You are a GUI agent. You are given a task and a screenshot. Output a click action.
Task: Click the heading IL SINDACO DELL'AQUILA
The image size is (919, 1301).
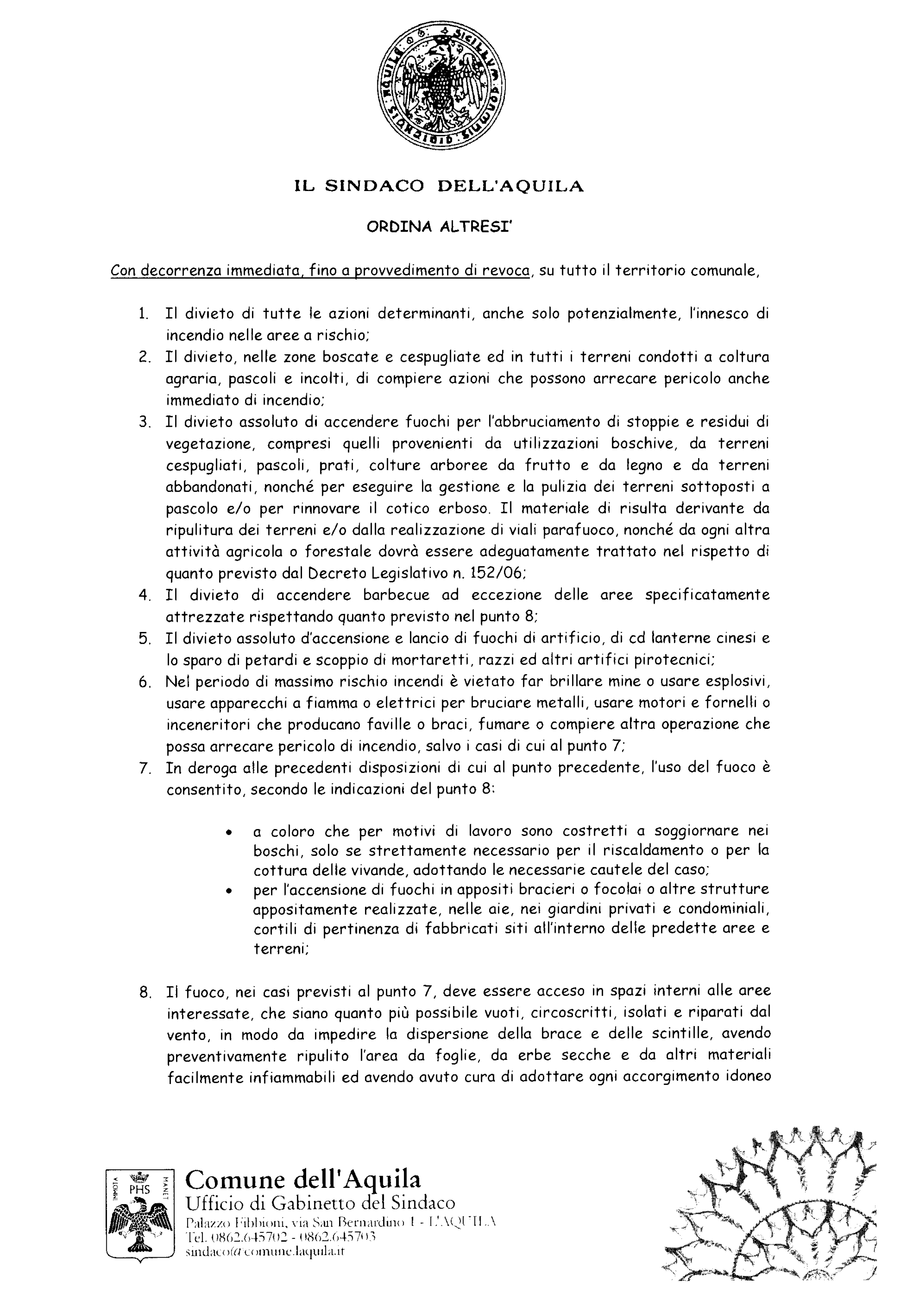(439, 187)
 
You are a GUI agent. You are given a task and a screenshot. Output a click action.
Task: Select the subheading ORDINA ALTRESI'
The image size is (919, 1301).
(439, 227)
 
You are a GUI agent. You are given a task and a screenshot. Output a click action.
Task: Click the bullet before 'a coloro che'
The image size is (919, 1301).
(229, 833)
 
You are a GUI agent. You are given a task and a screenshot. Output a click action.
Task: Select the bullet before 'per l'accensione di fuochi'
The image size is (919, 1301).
(229, 890)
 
